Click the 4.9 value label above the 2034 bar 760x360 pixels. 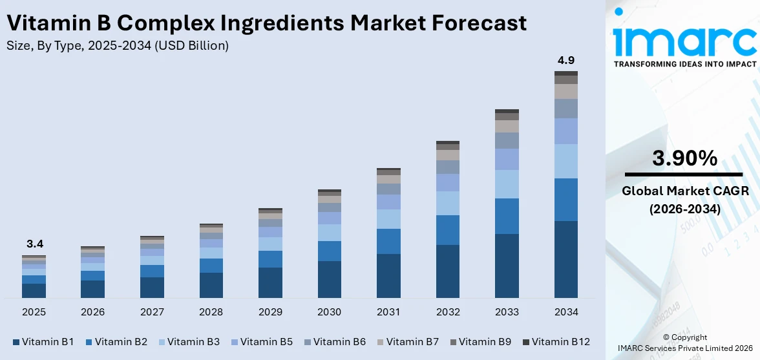tap(566, 61)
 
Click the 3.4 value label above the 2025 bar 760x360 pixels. tap(34, 244)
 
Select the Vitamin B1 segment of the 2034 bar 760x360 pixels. tap(566, 259)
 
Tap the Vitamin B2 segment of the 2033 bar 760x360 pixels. tap(507, 216)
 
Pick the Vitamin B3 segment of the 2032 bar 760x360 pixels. tap(447, 203)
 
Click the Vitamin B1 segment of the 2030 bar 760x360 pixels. tap(329, 279)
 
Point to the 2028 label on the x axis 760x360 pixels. tap(211, 312)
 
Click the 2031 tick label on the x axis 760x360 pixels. tap(388, 312)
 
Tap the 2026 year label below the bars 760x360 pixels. tap(93, 312)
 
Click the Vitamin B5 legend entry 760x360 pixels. tap(265, 341)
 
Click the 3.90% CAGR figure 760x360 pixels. tap(684, 158)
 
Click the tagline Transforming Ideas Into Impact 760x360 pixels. tap(684, 64)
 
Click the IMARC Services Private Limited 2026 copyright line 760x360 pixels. tap(684, 348)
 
